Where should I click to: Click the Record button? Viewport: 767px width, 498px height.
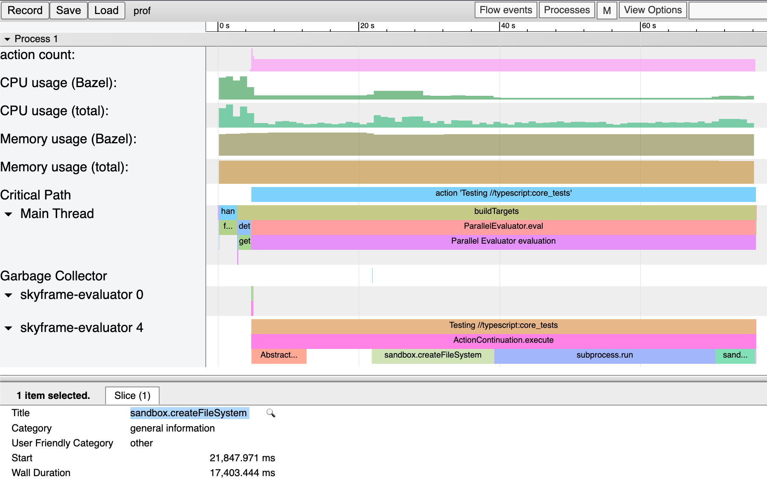pos(25,10)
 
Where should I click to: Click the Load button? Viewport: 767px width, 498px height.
pos(106,10)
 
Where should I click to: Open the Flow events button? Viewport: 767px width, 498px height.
pos(506,10)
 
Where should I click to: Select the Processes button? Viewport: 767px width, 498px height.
pos(567,10)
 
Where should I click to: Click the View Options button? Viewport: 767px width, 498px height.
pos(652,10)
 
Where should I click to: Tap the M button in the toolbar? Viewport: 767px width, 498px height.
pos(607,10)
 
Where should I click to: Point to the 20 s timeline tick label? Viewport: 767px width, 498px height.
pos(367,26)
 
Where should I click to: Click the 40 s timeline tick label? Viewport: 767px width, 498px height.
pos(508,26)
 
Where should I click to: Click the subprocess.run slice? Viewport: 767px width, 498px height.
pos(604,355)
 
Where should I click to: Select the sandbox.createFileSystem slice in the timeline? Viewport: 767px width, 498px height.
pos(433,355)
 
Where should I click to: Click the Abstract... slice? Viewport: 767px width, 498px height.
pos(278,355)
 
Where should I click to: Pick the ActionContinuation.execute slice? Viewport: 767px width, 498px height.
pos(503,340)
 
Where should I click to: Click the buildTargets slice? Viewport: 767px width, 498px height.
pos(496,211)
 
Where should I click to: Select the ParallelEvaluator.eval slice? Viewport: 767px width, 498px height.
pos(503,226)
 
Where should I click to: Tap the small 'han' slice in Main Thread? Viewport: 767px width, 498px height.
pos(228,211)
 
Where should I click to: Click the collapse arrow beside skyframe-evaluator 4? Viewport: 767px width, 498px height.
pos(8,328)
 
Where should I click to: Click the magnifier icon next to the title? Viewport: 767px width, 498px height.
pos(271,413)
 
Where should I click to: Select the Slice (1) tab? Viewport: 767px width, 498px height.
pos(132,396)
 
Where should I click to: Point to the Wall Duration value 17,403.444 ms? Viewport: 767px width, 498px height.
pos(242,473)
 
